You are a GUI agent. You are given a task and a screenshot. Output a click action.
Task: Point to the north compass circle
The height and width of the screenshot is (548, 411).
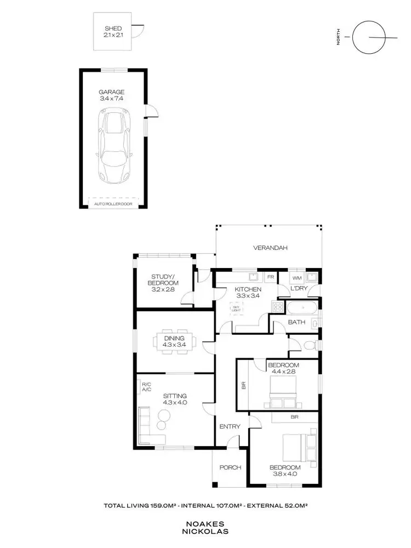pyautogui.click(x=367, y=38)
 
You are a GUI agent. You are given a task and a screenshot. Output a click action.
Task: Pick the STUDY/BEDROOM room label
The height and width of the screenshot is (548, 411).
pyautogui.click(x=162, y=282)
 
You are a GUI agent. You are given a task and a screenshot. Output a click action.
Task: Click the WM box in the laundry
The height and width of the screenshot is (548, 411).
pyautogui.click(x=297, y=278)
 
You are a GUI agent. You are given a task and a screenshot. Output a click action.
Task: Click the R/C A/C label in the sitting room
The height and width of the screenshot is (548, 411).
pyautogui.click(x=146, y=387)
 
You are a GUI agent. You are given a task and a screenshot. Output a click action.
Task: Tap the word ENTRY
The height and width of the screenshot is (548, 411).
pyautogui.click(x=227, y=426)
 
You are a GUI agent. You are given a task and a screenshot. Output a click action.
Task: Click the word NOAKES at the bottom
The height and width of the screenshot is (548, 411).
pyautogui.click(x=205, y=523)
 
